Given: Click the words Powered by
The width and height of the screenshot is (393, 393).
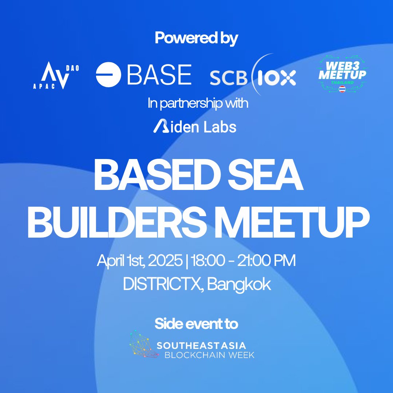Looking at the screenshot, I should pos(196,38).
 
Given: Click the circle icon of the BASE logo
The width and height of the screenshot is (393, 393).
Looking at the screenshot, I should pos(108,75).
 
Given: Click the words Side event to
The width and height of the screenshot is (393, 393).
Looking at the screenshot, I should pos(196,323).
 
